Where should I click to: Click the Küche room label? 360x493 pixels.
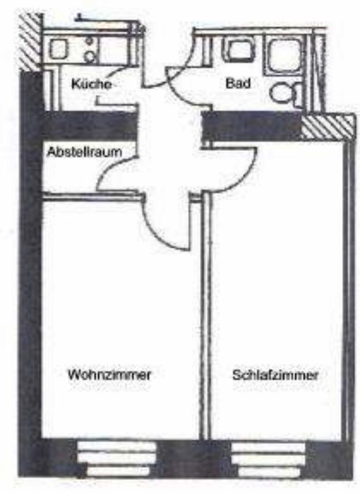tap(91, 84)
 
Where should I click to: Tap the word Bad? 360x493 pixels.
tap(238, 83)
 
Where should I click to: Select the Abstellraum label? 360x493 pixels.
tap(84, 152)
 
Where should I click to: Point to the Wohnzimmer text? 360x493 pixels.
tap(109, 375)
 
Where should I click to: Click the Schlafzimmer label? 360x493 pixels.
tap(275, 375)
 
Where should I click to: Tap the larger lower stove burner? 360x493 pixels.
tap(90, 56)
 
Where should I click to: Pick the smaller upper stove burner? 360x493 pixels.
tap(89, 41)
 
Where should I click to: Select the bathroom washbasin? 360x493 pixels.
tap(238, 50)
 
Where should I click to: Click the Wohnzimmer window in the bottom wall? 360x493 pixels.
tap(117, 459)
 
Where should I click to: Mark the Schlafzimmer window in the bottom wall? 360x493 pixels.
tap(268, 459)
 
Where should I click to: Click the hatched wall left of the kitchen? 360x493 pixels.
tap(30, 43)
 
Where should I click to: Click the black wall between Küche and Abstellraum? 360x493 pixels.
tap(89, 125)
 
